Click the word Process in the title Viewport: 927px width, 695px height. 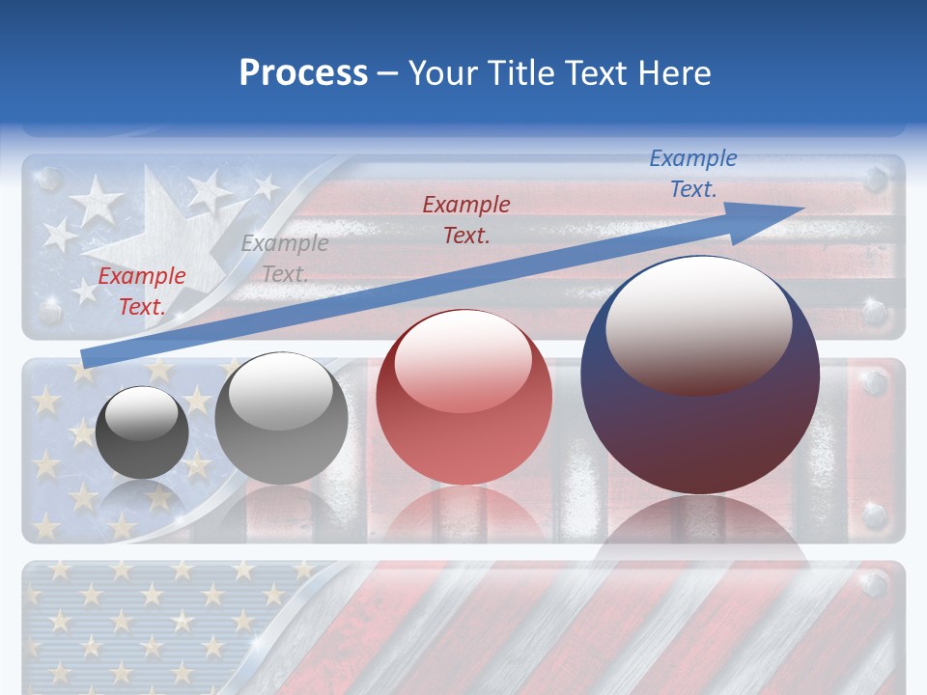(x=303, y=73)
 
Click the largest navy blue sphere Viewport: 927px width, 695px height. (x=700, y=425)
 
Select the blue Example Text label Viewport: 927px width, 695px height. (x=693, y=174)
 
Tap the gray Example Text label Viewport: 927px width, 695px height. (x=285, y=259)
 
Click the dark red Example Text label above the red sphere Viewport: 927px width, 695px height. (x=466, y=219)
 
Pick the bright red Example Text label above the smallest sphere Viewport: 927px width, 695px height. (x=142, y=291)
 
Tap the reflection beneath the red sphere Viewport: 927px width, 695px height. (x=463, y=516)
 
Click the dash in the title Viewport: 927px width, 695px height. (x=388, y=74)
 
